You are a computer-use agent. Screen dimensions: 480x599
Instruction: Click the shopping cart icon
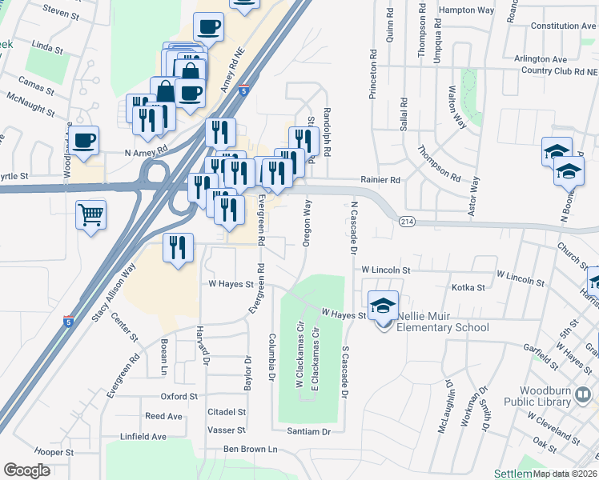[x=90, y=215]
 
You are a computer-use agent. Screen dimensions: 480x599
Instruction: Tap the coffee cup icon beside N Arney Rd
[x=83, y=141]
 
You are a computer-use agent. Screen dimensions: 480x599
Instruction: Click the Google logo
[x=26, y=470]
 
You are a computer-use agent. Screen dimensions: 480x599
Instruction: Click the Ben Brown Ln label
[x=250, y=450]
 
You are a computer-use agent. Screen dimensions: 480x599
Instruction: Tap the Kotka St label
[x=468, y=287]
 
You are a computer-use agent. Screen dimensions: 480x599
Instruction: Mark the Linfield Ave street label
[x=143, y=436]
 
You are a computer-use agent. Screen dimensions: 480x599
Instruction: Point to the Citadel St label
[x=227, y=411]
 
